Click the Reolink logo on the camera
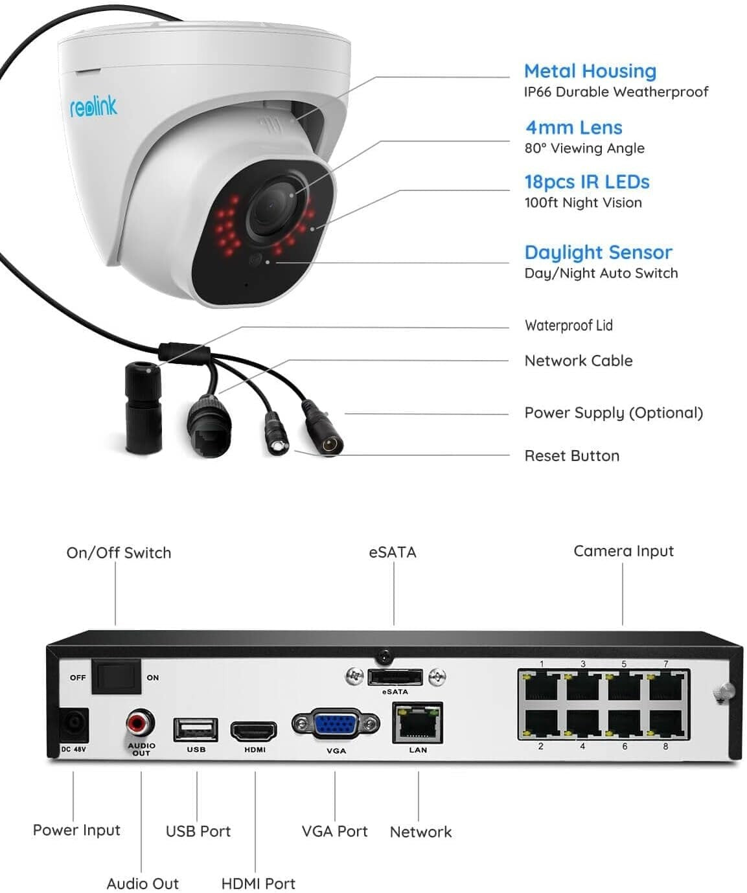[93, 107]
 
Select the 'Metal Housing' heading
[590, 71]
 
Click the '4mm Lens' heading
[573, 128]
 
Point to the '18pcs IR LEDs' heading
[586, 182]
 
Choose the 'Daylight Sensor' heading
[598, 252]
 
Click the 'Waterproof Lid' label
[568, 325]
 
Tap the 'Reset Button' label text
[571, 456]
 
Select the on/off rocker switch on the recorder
[116, 676]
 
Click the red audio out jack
[140, 721]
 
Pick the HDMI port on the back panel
[255, 731]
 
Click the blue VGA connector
[336, 724]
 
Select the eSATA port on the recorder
[395, 677]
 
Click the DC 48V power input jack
[73, 725]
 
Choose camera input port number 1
[542, 686]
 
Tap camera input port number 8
[665, 724]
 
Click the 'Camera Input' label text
[623, 551]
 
